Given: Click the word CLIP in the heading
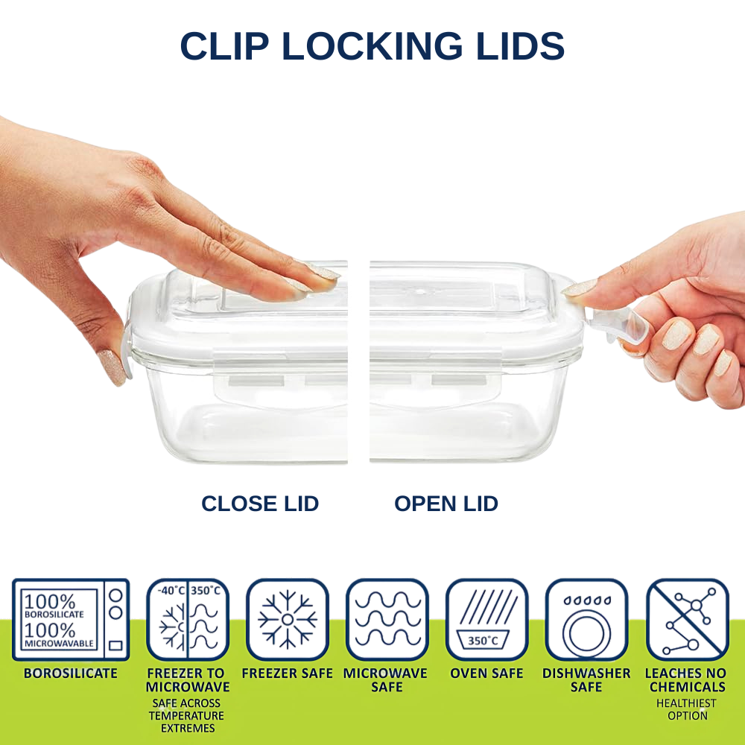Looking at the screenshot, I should pyautogui.click(x=225, y=47).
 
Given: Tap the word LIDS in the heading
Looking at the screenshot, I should pyautogui.click(x=521, y=47).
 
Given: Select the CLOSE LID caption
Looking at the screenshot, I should pyautogui.click(x=260, y=504).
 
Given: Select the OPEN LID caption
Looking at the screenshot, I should pyautogui.click(x=446, y=504).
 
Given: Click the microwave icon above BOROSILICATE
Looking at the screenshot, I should pyautogui.click(x=72, y=619).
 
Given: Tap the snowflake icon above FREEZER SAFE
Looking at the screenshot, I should pyautogui.click(x=288, y=619).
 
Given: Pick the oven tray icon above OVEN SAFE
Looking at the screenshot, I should pyautogui.click(x=486, y=619).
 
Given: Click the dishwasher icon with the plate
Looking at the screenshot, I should pyautogui.click(x=586, y=619).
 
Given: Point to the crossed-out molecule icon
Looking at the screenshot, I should pyautogui.click(x=687, y=619).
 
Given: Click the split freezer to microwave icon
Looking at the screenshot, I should pyautogui.click(x=187, y=619).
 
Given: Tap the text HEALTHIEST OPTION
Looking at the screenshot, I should pyautogui.click(x=687, y=709).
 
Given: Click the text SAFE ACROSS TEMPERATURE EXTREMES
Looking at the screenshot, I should pyautogui.click(x=187, y=715).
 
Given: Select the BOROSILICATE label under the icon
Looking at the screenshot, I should pyautogui.click(x=71, y=673).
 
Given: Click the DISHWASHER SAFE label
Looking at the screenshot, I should pyautogui.click(x=586, y=679).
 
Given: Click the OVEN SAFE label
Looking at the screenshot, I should pyautogui.click(x=486, y=673).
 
